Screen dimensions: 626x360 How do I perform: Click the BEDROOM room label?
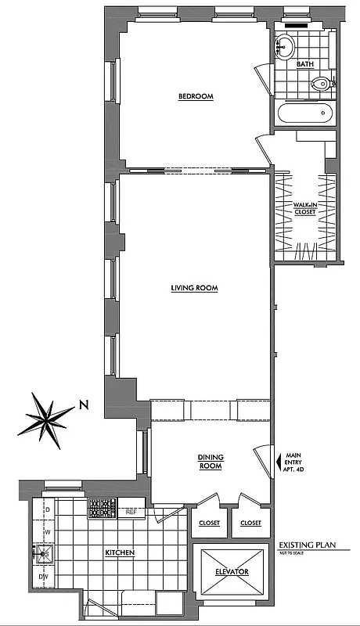(x=196, y=96)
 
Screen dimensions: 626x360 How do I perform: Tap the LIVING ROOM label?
(x=194, y=288)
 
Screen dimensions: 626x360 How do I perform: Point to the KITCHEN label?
(x=120, y=553)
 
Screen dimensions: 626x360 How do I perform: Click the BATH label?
(x=305, y=65)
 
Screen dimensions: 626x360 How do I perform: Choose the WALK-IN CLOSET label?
(x=304, y=208)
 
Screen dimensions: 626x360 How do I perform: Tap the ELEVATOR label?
(x=232, y=572)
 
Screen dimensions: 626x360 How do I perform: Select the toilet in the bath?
(x=321, y=84)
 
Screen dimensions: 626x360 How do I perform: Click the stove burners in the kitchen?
(x=101, y=509)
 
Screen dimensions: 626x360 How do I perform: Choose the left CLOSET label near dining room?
(x=209, y=523)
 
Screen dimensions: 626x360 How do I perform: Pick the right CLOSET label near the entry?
(x=250, y=523)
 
